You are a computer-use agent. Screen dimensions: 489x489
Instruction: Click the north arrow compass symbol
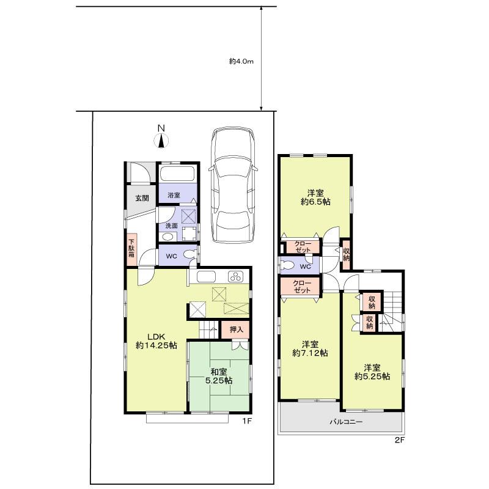(x=161, y=138)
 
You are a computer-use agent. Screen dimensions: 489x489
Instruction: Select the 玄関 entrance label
(x=142, y=197)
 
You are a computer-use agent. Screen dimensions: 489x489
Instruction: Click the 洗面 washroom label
(x=171, y=226)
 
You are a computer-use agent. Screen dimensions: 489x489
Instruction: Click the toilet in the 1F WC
(x=189, y=256)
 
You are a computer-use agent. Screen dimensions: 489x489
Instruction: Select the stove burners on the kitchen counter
(x=235, y=276)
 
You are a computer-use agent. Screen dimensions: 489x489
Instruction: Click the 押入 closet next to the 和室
(x=236, y=329)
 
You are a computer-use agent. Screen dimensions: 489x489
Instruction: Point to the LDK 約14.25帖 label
(x=156, y=340)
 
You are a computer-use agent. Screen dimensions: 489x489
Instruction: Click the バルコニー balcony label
(x=347, y=422)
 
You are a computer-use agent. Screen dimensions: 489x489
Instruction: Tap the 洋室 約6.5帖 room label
(x=315, y=195)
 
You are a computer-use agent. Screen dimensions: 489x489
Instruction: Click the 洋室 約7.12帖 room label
(x=310, y=348)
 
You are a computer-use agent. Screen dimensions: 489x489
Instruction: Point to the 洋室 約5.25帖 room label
(x=372, y=372)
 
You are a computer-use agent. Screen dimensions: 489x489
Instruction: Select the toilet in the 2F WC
(x=287, y=266)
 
